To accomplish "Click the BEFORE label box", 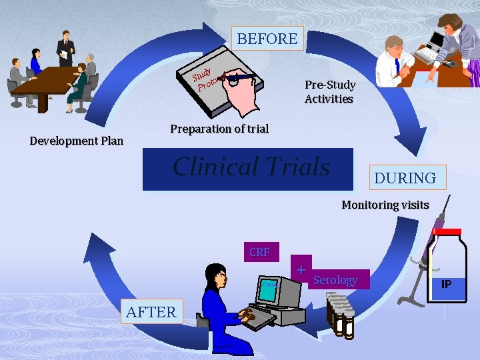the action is [x=267, y=39].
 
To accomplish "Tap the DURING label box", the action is [x=405, y=178].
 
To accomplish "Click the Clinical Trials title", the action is [x=251, y=167].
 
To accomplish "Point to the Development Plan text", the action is [x=77, y=141].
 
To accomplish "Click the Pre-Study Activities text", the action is [x=329, y=92].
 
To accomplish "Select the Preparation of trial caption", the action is [x=219, y=129].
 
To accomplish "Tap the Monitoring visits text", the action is [x=385, y=205].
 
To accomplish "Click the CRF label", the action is [x=259, y=252].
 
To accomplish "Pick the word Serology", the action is [x=335, y=281].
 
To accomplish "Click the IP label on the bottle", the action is [x=446, y=283].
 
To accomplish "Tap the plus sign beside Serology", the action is [x=302, y=270].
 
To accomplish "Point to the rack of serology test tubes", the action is [x=340, y=313].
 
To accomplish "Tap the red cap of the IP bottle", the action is [x=446, y=231].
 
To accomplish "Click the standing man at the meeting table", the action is [x=65, y=50].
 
